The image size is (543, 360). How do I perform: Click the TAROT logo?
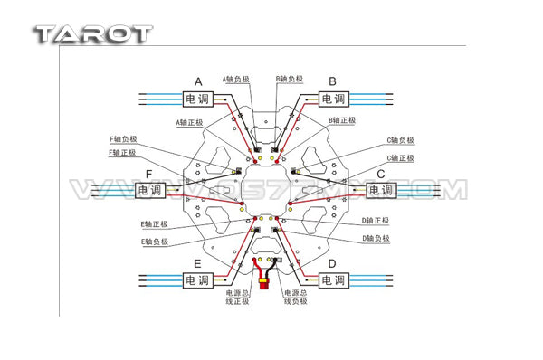point(92,33)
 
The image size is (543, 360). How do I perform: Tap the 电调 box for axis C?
point(382,191)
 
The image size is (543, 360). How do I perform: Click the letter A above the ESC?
point(199,81)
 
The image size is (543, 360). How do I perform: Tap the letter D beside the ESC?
point(332,263)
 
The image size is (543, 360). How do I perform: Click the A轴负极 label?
point(234,80)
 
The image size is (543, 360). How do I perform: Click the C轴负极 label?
point(399,140)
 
